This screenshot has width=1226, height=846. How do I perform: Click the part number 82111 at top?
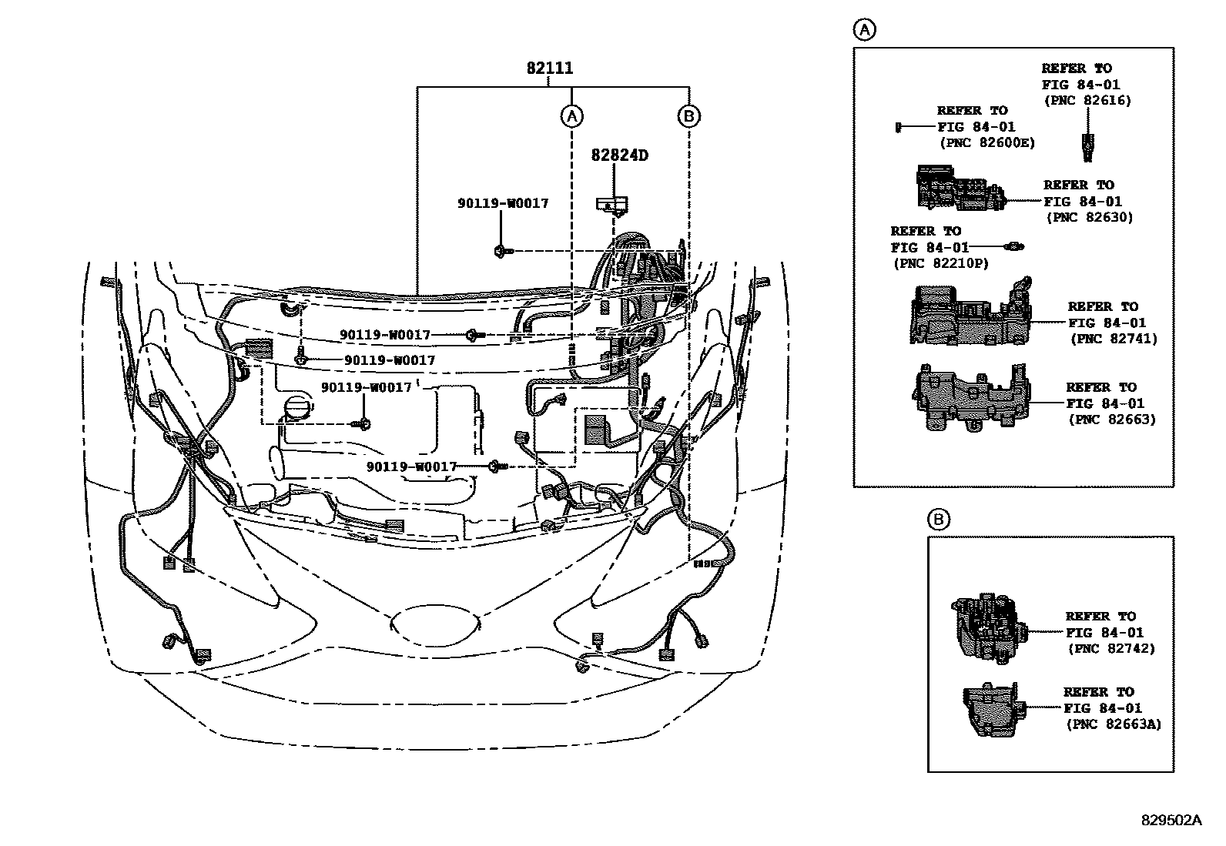(x=550, y=68)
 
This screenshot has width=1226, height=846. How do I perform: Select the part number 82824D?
(x=619, y=155)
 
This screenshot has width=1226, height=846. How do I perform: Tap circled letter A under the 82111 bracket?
(x=571, y=116)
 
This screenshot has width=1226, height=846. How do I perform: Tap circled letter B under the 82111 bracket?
(x=688, y=116)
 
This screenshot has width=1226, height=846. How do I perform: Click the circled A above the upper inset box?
(x=865, y=30)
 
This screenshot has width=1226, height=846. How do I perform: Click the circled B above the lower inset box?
(x=939, y=520)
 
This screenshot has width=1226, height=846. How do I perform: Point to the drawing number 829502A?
(x=1171, y=821)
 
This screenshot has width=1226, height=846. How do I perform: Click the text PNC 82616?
(x=1087, y=101)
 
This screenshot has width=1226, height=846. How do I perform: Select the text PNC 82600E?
(x=987, y=143)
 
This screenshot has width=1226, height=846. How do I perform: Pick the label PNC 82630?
(x=1090, y=218)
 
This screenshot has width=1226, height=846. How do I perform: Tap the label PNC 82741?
(x=1114, y=339)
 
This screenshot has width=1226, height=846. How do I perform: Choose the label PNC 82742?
(x=1111, y=649)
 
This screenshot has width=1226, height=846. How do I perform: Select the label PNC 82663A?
(x=1114, y=724)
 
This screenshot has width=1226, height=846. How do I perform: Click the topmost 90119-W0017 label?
(x=503, y=203)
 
